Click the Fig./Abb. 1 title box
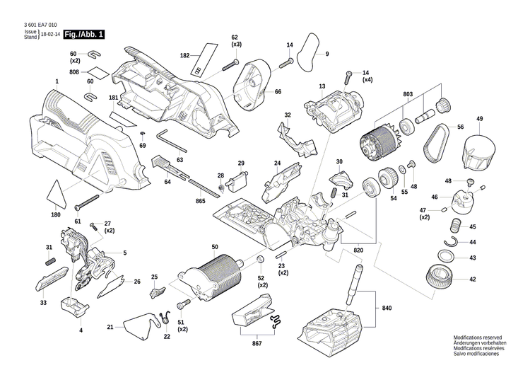pyautogui.click(x=83, y=34)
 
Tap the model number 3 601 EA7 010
pyautogui.click(x=40, y=25)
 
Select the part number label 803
pyautogui.click(x=407, y=94)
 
